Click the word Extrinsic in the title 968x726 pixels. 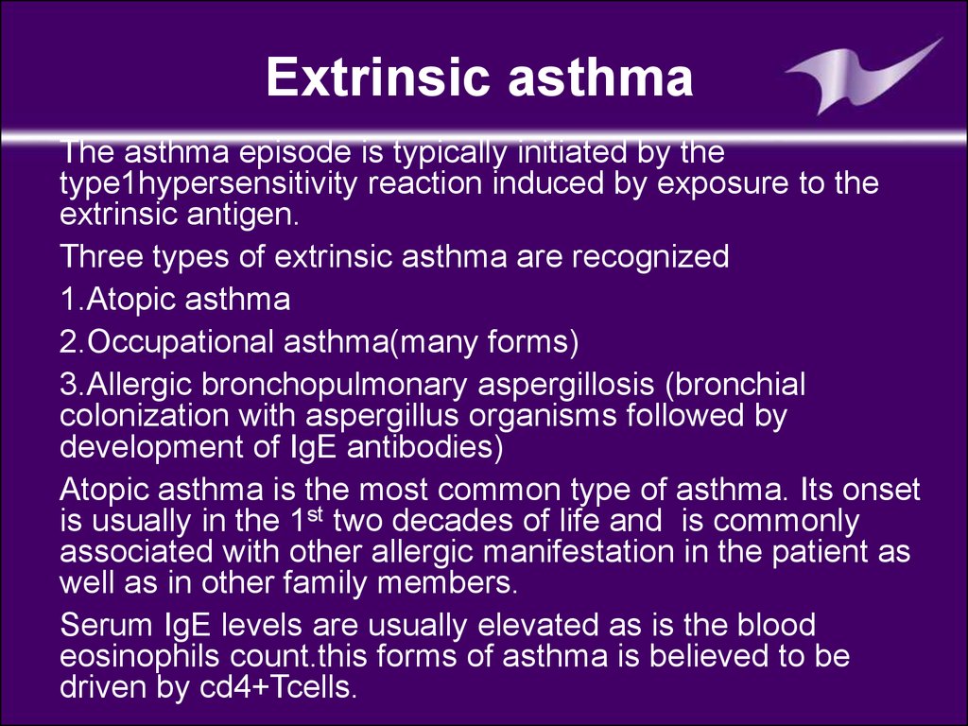[378, 76]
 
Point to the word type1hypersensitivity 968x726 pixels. [208, 183]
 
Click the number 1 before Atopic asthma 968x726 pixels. [68, 299]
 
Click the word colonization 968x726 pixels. [144, 415]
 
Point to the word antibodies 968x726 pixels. [424, 446]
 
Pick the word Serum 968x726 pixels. [106, 626]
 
